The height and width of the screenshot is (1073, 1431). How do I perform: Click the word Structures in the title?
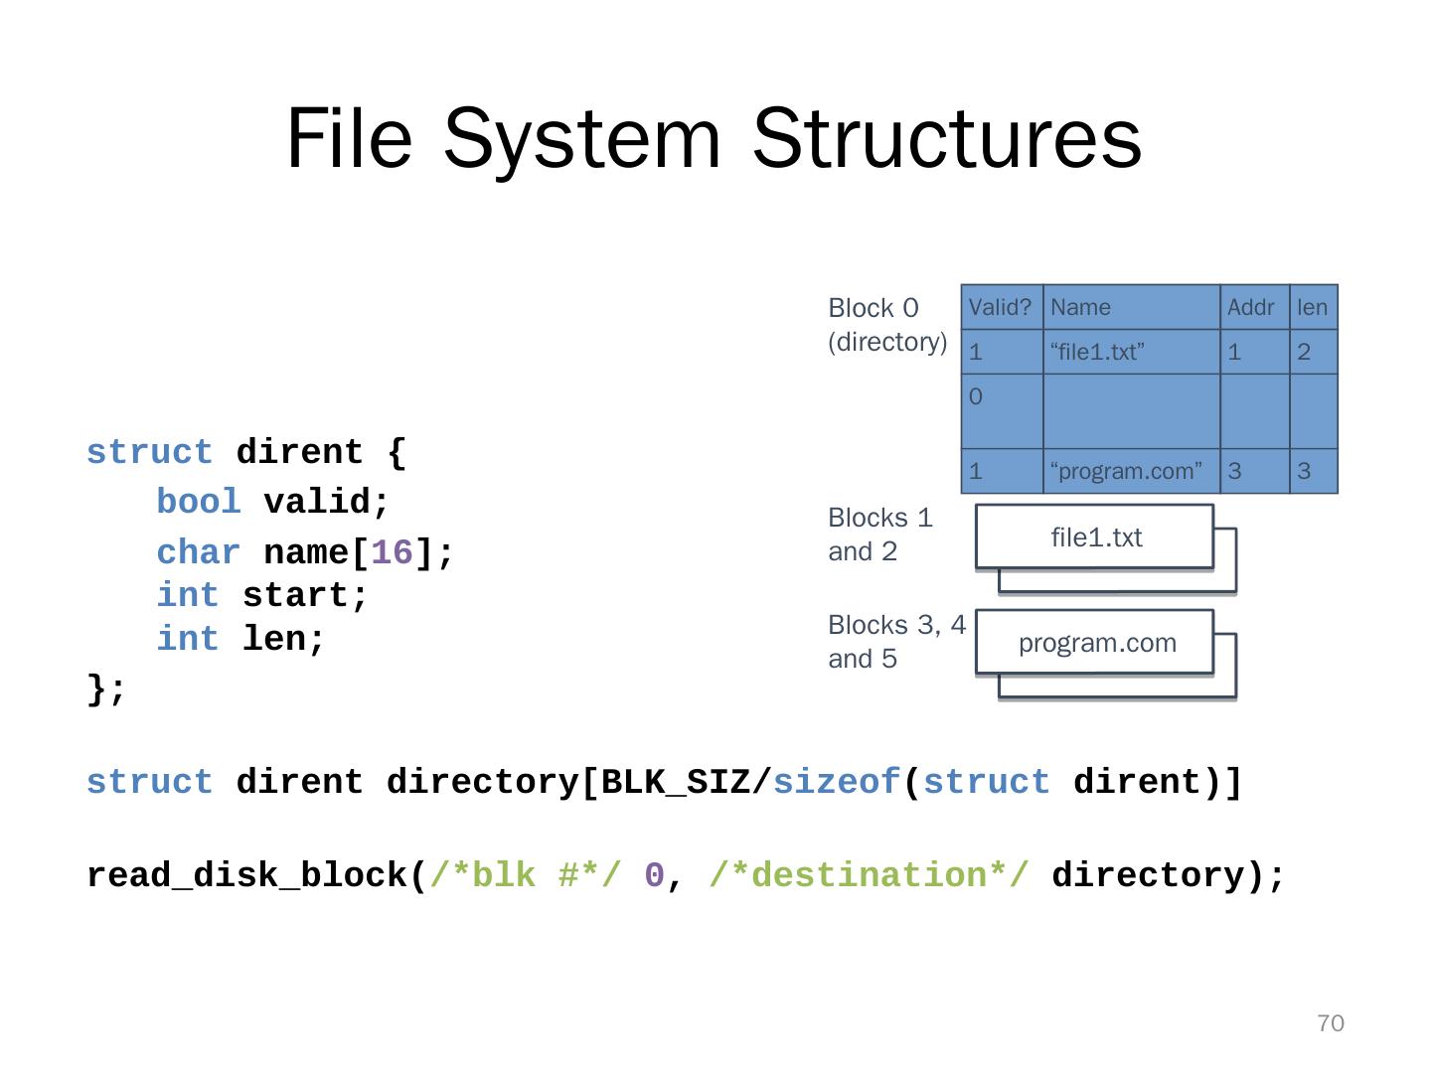coord(947,139)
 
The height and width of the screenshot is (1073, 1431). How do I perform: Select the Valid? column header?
coord(1000,307)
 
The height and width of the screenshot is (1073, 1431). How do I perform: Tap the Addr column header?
coord(1250,307)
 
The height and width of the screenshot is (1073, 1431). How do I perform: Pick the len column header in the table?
coord(1311,307)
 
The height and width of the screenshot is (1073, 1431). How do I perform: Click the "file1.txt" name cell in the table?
coord(1096,352)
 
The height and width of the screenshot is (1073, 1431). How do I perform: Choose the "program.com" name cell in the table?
coord(1126,470)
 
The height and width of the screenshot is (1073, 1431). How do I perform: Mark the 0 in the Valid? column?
coord(975,396)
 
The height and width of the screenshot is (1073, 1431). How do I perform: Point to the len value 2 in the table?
coord(1303,352)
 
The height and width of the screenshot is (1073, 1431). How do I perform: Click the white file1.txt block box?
coord(1094,536)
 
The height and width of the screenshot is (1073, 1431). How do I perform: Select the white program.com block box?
coord(1094,642)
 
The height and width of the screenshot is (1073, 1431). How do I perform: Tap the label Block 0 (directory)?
coord(886,325)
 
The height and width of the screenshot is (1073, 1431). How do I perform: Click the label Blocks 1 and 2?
coord(879,535)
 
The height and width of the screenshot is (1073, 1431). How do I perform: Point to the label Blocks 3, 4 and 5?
coord(896,641)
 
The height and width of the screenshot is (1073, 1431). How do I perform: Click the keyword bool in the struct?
coord(198,502)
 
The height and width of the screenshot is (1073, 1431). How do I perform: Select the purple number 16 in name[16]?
coord(392,552)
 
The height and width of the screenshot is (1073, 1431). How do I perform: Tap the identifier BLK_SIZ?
coord(676,782)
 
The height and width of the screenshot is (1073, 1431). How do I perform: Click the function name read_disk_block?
coord(247,875)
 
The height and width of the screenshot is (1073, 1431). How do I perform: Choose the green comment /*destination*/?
coord(869,874)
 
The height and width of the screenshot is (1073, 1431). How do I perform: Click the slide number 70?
coord(1330,1023)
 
